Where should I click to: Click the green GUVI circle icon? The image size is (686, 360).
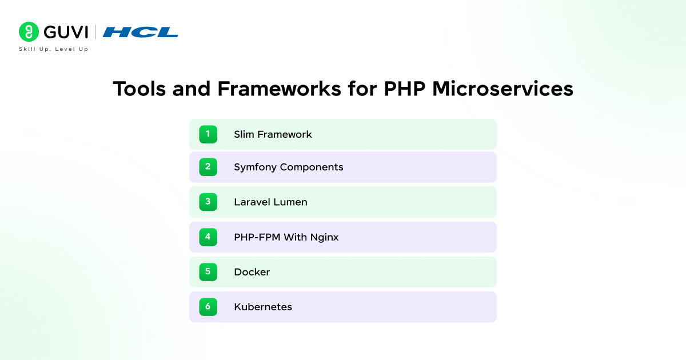tap(29, 31)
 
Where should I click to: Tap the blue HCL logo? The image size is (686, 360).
tap(140, 32)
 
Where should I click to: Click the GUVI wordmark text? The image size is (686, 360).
tap(66, 32)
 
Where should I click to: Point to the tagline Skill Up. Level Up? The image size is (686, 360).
tap(53, 49)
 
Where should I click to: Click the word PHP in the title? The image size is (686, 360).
tap(405, 89)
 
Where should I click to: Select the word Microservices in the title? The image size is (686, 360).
tap(502, 89)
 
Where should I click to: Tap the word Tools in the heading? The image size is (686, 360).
tap(139, 89)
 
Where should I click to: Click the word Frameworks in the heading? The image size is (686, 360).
tap(279, 89)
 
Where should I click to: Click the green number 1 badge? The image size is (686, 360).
tap(208, 134)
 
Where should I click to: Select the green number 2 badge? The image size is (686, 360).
tap(208, 167)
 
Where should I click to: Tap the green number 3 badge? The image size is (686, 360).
tap(208, 202)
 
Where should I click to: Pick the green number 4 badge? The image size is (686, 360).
tap(208, 237)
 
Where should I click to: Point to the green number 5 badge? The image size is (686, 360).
tap(208, 272)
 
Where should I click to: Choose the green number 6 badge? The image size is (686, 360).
tap(208, 307)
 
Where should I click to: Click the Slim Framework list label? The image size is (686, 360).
tap(273, 134)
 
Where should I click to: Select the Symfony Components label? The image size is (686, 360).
tap(289, 167)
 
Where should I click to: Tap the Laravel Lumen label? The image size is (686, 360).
tap(271, 202)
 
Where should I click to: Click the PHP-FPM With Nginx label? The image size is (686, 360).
tap(286, 237)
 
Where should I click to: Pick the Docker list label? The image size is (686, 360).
tap(252, 272)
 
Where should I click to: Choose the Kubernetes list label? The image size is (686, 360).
tap(263, 307)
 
